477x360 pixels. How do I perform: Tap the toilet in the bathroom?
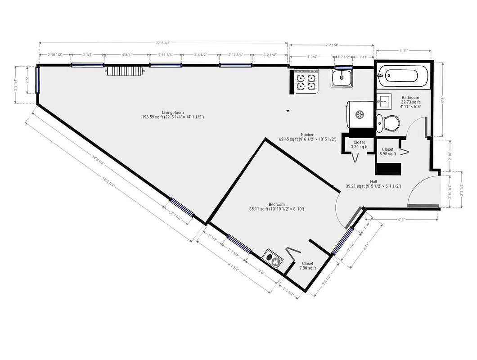pos(388,122)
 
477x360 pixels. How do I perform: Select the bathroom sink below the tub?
pos(385,101)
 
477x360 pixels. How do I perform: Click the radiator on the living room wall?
pos(125,72)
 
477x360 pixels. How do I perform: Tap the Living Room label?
pos(173,112)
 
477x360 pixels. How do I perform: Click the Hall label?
pos(373,181)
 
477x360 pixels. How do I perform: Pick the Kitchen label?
pos(308,135)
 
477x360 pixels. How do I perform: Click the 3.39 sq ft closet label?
pos(359,144)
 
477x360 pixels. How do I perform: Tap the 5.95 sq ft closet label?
pos(387,152)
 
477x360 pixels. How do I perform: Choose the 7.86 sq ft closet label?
pos(308,265)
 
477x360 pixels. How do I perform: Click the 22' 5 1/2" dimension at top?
pos(163,43)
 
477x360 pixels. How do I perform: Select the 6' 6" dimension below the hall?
pos(401,219)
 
